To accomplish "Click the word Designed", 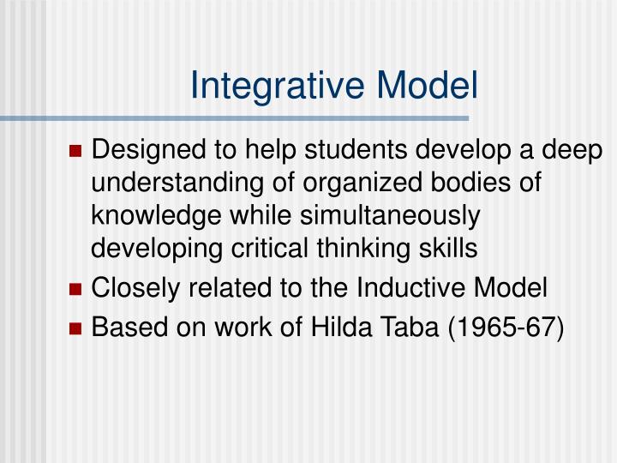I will point(135,151).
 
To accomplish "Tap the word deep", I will point(576,151).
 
